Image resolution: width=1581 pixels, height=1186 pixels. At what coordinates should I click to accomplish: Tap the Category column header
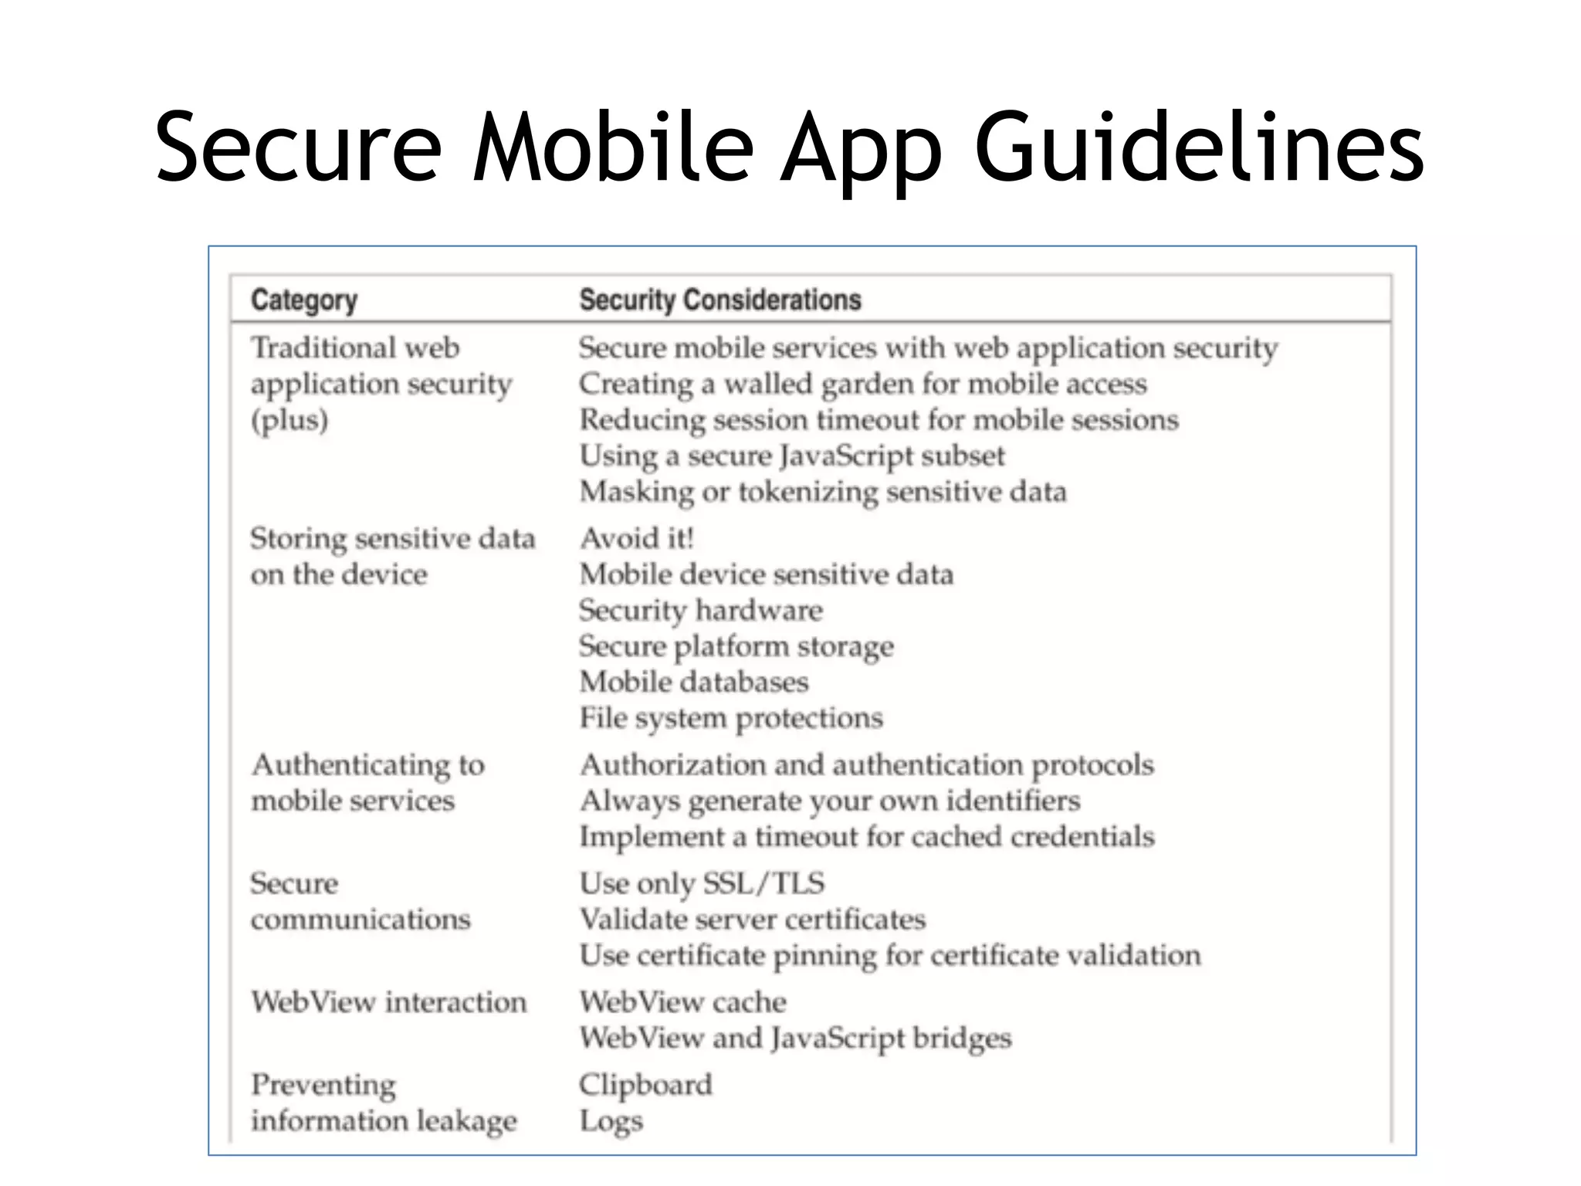coord(303,300)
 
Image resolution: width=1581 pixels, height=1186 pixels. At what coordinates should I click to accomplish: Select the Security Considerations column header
coord(719,300)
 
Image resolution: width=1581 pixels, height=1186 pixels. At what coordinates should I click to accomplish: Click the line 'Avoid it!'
coord(637,538)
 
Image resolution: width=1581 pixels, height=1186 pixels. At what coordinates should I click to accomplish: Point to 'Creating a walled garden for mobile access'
coord(862,384)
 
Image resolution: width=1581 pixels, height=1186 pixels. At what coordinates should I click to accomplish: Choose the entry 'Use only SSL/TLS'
coord(702,883)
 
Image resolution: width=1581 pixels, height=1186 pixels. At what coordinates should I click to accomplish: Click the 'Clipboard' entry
coord(645,1085)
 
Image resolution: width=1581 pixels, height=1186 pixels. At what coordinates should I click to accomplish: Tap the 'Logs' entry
coord(611,1121)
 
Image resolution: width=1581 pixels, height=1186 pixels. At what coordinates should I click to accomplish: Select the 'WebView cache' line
coord(682,1002)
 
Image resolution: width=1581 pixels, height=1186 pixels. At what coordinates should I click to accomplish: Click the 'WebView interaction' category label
coord(388,1002)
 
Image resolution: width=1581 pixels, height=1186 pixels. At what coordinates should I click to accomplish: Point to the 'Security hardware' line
coord(701,610)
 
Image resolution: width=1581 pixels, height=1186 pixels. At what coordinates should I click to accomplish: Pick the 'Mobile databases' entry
coord(693,682)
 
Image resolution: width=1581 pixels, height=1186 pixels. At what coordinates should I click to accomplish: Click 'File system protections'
coord(730,718)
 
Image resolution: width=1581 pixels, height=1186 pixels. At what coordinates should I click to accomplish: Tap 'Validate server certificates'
coord(752,919)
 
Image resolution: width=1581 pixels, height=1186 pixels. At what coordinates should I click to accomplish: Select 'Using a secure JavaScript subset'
coord(792,456)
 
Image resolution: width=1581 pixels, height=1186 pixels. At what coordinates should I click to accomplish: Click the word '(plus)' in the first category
coord(289,420)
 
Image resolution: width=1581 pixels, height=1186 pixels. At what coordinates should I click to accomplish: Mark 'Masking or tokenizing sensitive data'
coord(823,492)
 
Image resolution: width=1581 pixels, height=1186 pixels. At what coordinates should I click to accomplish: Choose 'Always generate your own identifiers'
coord(830,801)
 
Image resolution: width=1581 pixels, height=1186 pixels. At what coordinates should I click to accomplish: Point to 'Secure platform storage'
coord(736,646)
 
